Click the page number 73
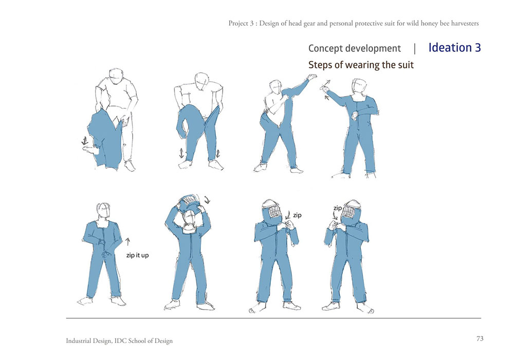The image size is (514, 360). pos(480,339)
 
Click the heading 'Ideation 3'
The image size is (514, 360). pos(454,48)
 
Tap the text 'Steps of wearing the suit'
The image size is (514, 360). pos(361,65)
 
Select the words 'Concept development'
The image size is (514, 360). pos(354,48)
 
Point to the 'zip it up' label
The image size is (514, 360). pos(137,255)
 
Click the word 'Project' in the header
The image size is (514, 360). pos(238,24)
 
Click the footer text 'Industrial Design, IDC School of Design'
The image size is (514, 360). pos(119,340)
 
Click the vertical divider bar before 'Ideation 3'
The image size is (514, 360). pos(415,48)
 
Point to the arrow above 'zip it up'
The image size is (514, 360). pos(128,242)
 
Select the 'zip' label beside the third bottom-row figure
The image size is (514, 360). pos(297,215)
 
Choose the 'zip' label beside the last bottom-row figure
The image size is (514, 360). pos(338,208)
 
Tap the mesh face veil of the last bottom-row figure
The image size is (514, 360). pos(349,211)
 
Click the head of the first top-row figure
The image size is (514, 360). pos(116,77)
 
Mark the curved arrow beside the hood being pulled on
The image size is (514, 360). pos(207,200)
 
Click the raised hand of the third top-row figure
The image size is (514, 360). pos(312,77)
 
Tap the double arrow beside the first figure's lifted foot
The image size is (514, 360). pos(85,141)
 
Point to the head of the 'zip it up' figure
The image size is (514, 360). pos(103,210)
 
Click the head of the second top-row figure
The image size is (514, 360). pos(201,81)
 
